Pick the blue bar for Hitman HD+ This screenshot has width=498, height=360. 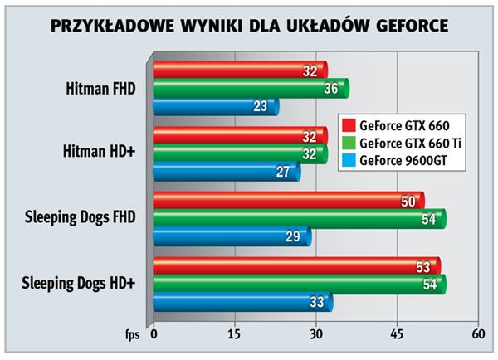pos(223,173)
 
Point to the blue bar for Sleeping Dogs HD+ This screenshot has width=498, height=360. pos(240,302)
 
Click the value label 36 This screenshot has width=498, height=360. pos(330,89)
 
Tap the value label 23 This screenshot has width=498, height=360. pos(261,106)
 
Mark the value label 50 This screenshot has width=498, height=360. pos(407,202)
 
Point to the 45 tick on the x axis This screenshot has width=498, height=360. pos(398,333)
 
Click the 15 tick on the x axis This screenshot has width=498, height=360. pos(235,333)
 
